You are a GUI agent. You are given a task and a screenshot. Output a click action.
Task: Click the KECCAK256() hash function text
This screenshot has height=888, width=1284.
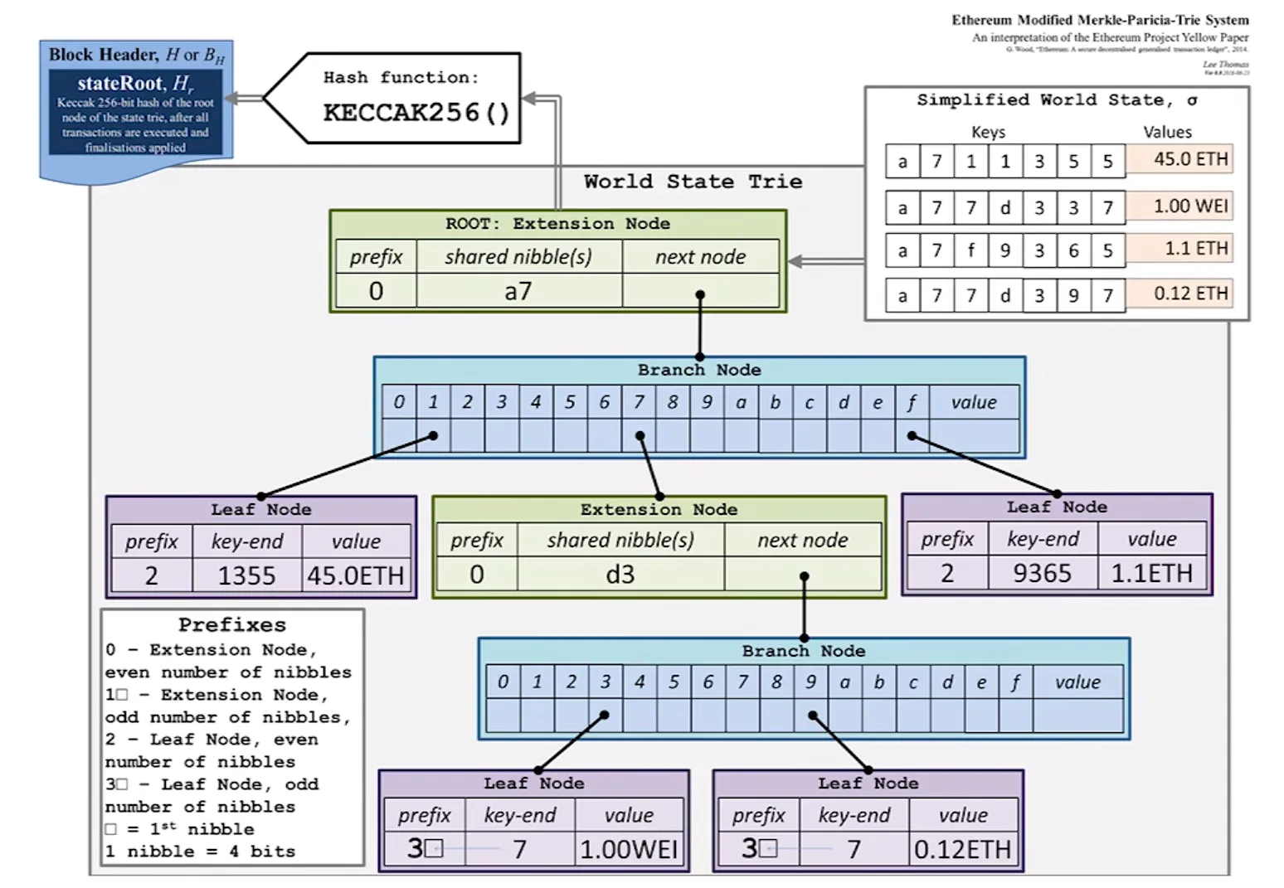click(x=416, y=112)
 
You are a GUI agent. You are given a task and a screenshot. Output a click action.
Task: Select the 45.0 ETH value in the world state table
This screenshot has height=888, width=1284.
click(x=1190, y=159)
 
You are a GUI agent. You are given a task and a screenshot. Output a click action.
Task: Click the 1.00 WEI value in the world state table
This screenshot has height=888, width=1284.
click(x=1190, y=206)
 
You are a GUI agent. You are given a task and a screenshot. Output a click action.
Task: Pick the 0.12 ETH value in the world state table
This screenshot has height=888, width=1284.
click(x=1190, y=294)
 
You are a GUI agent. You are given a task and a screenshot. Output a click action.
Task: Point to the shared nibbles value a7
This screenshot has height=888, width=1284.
click(x=518, y=291)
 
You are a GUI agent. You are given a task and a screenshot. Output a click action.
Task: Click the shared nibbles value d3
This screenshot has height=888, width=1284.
click(x=620, y=574)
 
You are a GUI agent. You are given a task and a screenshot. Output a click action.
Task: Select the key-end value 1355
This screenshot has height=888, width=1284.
click(x=246, y=575)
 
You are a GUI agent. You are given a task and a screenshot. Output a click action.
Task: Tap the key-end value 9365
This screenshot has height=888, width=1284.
click(x=1042, y=573)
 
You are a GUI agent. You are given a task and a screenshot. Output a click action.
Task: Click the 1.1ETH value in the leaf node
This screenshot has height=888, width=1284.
click(x=1151, y=573)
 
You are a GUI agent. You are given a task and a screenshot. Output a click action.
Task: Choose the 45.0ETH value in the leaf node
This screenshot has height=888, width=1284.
click(x=356, y=575)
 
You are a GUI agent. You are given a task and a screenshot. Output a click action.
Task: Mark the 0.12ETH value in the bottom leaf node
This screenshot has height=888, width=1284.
click(x=962, y=849)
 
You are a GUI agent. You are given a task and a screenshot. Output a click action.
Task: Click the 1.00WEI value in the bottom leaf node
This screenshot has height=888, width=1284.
click(x=629, y=849)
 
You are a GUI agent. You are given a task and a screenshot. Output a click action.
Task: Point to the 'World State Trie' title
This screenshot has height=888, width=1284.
click(x=693, y=182)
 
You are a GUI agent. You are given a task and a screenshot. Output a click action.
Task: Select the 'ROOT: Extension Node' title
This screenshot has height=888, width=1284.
click(x=557, y=224)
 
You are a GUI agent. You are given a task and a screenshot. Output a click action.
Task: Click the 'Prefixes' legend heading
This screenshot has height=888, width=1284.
click(x=231, y=624)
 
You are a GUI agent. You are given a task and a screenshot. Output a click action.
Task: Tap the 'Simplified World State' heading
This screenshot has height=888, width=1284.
click(x=1057, y=100)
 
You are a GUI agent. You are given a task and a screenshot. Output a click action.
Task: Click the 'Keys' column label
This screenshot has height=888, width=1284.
click(x=988, y=133)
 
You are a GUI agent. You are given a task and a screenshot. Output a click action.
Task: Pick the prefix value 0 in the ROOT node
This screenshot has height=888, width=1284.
click(x=376, y=291)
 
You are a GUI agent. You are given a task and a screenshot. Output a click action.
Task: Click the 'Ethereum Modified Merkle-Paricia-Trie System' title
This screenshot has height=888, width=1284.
click(x=1099, y=20)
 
